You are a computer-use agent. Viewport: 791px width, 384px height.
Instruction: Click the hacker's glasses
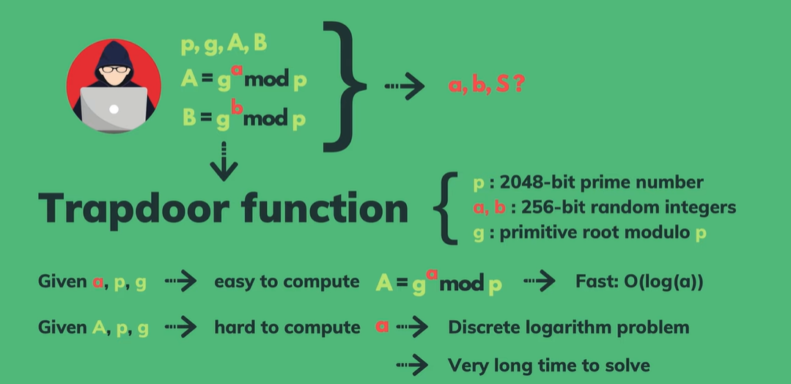113,70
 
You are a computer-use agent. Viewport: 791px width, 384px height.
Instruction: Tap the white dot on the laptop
113,109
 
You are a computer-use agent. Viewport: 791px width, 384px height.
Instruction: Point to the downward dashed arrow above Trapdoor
224,162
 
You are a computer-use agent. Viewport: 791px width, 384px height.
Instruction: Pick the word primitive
540,233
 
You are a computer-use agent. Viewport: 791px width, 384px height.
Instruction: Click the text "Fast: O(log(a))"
641,281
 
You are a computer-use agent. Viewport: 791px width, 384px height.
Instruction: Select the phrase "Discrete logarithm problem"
568,327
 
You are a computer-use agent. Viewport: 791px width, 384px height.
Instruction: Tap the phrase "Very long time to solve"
548,364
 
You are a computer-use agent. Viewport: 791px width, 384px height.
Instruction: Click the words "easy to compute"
287,281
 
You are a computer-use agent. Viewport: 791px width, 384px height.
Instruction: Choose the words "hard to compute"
287,327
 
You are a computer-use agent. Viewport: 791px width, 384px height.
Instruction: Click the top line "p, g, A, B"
224,45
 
